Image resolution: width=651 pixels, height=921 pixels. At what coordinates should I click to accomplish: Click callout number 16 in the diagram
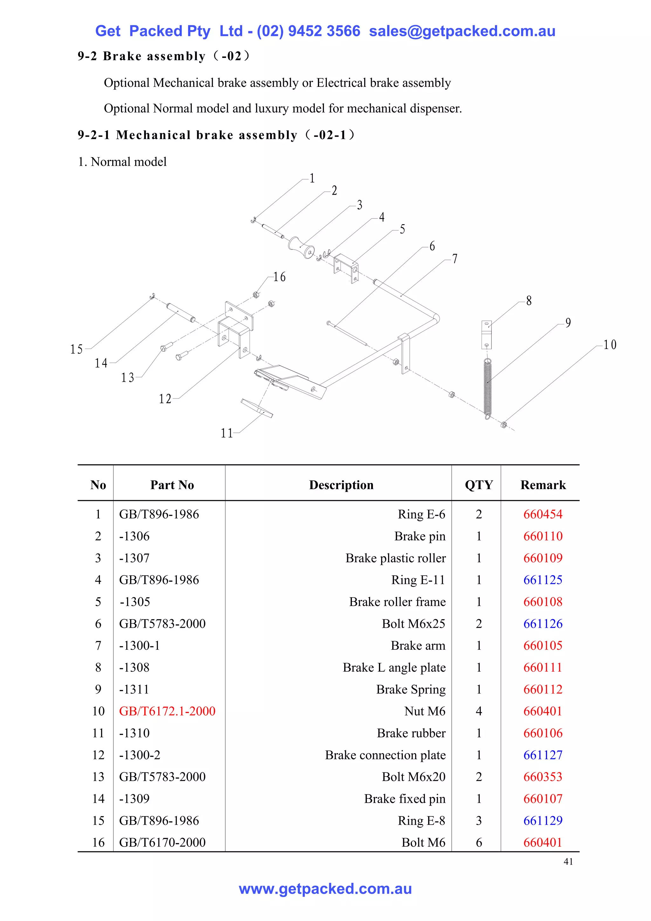(279, 277)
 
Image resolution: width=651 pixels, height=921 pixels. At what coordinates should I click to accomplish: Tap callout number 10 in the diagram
(610, 344)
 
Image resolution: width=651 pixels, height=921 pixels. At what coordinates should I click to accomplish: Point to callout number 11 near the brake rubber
(227, 433)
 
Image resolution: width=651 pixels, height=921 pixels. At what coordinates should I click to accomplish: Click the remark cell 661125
(543, 580)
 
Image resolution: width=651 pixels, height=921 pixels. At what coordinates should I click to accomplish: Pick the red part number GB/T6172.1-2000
(167, 711)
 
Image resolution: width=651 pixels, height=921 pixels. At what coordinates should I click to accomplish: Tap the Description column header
(341, 485)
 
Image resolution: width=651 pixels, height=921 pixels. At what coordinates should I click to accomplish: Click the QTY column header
(479, 485)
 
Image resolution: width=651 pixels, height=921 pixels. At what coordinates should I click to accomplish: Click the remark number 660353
(543, 777)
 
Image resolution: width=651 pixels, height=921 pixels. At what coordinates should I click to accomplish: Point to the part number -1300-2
(140, 755)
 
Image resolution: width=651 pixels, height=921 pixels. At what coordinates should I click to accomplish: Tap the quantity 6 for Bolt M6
(479, 842)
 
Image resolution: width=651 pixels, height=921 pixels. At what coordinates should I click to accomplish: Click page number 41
(568, 862)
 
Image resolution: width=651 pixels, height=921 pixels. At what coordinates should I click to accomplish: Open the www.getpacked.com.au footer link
(325, 889)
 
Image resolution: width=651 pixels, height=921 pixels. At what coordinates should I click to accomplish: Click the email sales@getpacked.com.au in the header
(462, 31)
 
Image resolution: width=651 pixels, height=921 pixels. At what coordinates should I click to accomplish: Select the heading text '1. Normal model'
(122, 162)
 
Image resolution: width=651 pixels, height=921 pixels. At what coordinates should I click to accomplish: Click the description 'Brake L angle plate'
(394, 668)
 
